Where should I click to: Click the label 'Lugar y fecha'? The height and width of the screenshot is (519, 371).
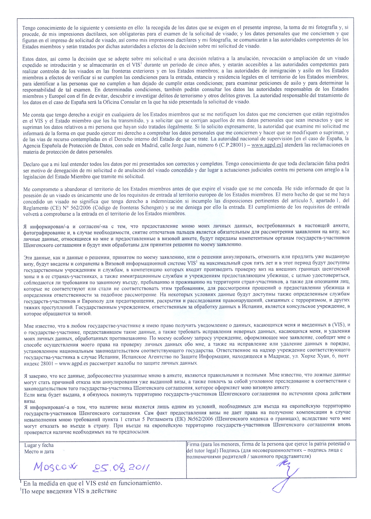click(39, 445)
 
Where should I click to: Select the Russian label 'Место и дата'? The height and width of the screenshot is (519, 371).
click(39, 451)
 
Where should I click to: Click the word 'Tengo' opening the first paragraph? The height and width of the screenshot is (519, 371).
click(29, 28)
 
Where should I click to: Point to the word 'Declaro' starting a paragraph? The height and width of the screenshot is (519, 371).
click(31, 164)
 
